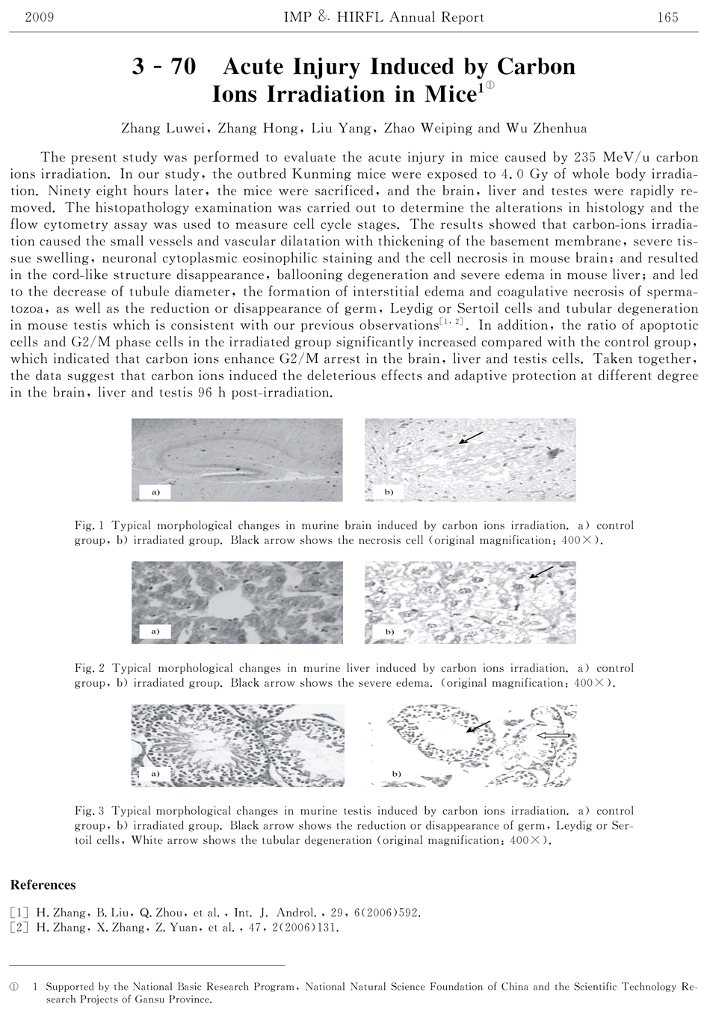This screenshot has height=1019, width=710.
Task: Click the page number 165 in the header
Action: pos(667,17)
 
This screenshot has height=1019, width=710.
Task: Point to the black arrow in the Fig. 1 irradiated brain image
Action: pos(470,438)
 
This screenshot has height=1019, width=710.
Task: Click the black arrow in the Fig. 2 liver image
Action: pos(540,572)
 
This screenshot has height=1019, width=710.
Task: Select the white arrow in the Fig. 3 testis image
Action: pos(554,736)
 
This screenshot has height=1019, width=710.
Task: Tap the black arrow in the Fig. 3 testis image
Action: pos(478,726)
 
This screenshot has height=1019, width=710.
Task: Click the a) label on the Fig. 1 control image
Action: pos(155,492)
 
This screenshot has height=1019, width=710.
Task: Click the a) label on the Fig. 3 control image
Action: pos(155,772)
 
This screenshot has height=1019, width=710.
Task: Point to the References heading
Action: pos(43,885)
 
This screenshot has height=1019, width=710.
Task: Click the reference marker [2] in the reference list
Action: pos(19,928)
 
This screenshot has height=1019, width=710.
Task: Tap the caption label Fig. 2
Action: pos(90,669)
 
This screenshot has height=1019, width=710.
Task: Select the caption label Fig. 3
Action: pos(90,811)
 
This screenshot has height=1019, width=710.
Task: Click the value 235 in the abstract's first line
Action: pos(583,157)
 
